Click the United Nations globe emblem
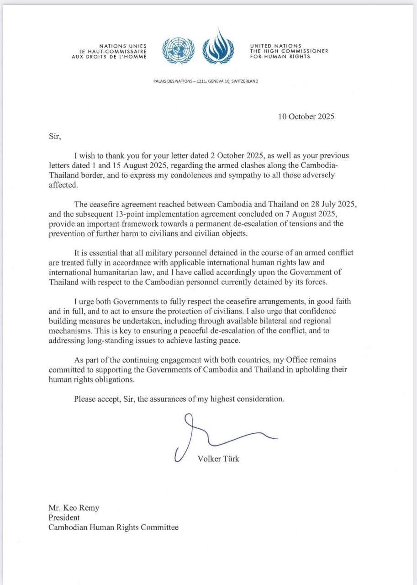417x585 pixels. pos(178,51)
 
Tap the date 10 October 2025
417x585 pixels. pos(306,117)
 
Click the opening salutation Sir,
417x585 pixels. pos(54,136)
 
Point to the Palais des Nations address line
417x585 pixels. pos(206,81)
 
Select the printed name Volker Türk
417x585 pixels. pos(218,459)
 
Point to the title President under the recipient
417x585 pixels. pos(64,517)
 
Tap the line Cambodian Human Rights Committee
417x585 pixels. pos(113,527)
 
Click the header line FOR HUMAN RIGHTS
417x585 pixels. pos(280,57)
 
